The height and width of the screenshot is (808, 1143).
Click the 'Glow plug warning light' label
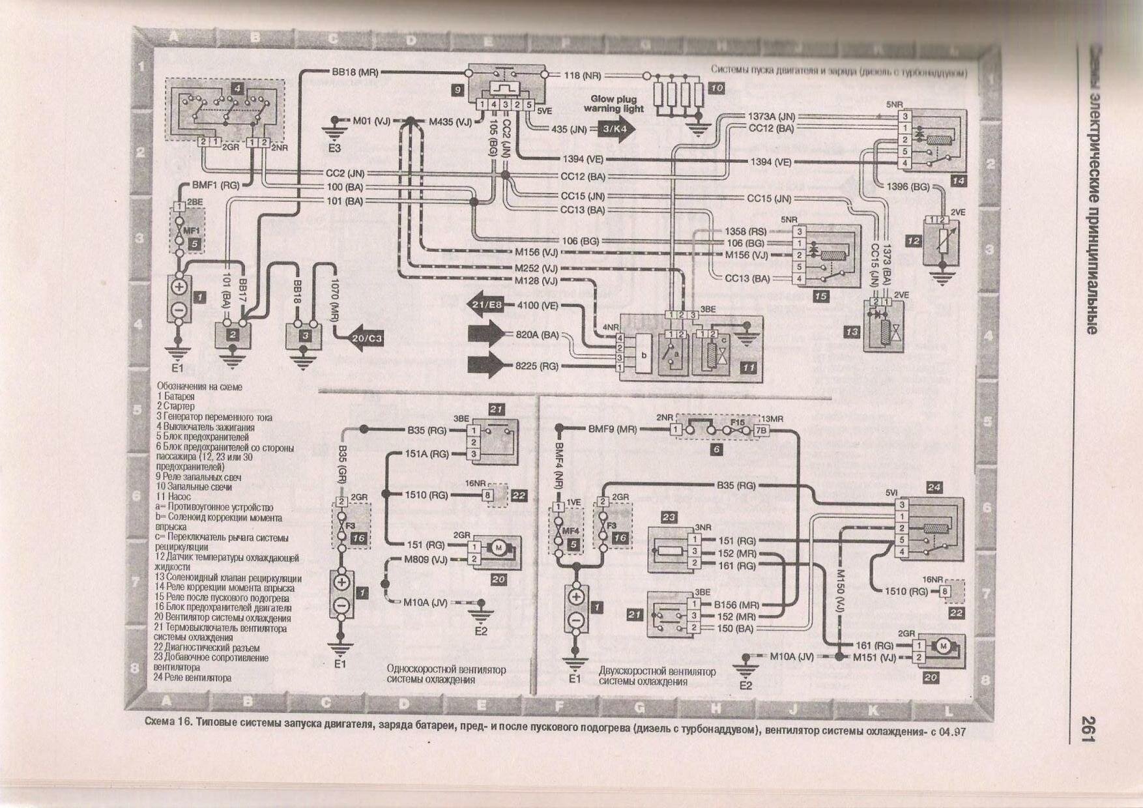tap(613, 104)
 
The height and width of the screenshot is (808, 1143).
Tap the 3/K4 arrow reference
tap(615, 129)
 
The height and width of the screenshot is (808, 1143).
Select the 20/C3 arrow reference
tap(366, 338)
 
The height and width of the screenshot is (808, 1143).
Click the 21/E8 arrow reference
tap(486, 304)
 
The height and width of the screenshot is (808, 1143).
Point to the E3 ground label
tap(334, 149)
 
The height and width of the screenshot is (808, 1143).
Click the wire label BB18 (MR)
tap(354, 72)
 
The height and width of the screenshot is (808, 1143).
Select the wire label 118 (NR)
tap(582, 76)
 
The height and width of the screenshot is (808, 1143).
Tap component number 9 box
tap(459, 91)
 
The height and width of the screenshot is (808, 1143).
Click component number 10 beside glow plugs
tap(716, 88)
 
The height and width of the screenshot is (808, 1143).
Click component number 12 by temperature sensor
tap(914, 241)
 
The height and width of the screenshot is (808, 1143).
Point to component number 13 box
tap(852, 332)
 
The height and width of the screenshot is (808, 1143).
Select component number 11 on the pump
tap(749, 368)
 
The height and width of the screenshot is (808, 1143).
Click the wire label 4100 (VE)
tap(538, 304)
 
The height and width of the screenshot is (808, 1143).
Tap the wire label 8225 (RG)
tap(537, 366)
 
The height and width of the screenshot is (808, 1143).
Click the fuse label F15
tap(737, 422)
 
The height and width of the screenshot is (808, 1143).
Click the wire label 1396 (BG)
tap(908, 187)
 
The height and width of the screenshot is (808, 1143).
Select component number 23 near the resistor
tap(669, 517)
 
